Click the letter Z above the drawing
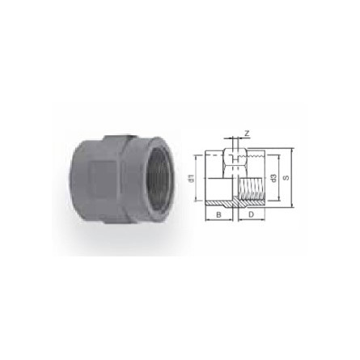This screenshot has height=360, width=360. click(x=247, y=132)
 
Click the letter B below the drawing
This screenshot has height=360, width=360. click(x=218, y=214)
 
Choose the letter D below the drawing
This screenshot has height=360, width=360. click(x=251, y=214)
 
